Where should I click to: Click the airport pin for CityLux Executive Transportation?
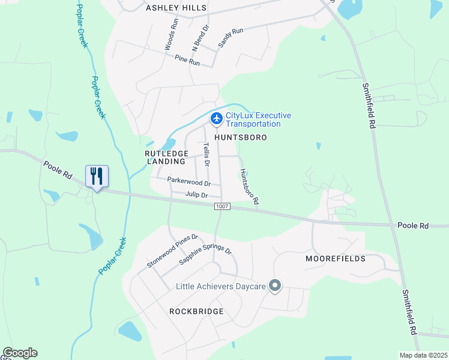coord(215,119)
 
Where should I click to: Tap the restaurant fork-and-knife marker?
coord(97,176)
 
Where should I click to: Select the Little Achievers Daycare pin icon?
coord(275,286)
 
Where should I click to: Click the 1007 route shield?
coord(221,206)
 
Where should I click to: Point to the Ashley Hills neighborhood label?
coord(176,8)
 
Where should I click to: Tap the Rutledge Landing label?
coord(165,157)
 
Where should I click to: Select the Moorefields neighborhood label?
coord(336,259)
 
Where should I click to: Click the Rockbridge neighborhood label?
coord(196,311)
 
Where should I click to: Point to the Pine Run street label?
coord(187,61)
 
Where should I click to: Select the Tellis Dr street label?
coord(207,154)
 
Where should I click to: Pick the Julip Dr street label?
coord(196,195)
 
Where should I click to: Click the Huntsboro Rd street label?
coord(249,187)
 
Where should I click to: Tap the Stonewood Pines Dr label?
coord(172,251)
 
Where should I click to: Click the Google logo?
coord(20,353)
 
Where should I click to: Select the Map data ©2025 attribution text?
coord(423,355)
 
